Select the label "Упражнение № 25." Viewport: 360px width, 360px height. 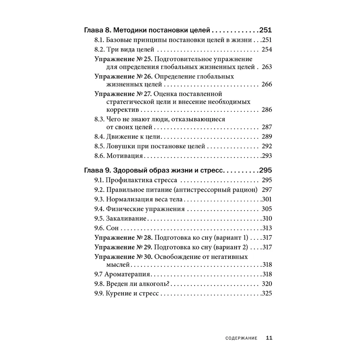pos(124,59)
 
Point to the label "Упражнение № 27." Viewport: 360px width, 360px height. pos(124,94)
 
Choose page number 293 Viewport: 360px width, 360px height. pos(267,156)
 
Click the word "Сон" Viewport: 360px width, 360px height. pos(112,228)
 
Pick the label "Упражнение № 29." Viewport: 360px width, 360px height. pos(124,247)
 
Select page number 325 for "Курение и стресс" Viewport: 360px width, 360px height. pos(267,293)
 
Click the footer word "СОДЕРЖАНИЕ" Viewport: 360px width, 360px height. pos(241,338)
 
